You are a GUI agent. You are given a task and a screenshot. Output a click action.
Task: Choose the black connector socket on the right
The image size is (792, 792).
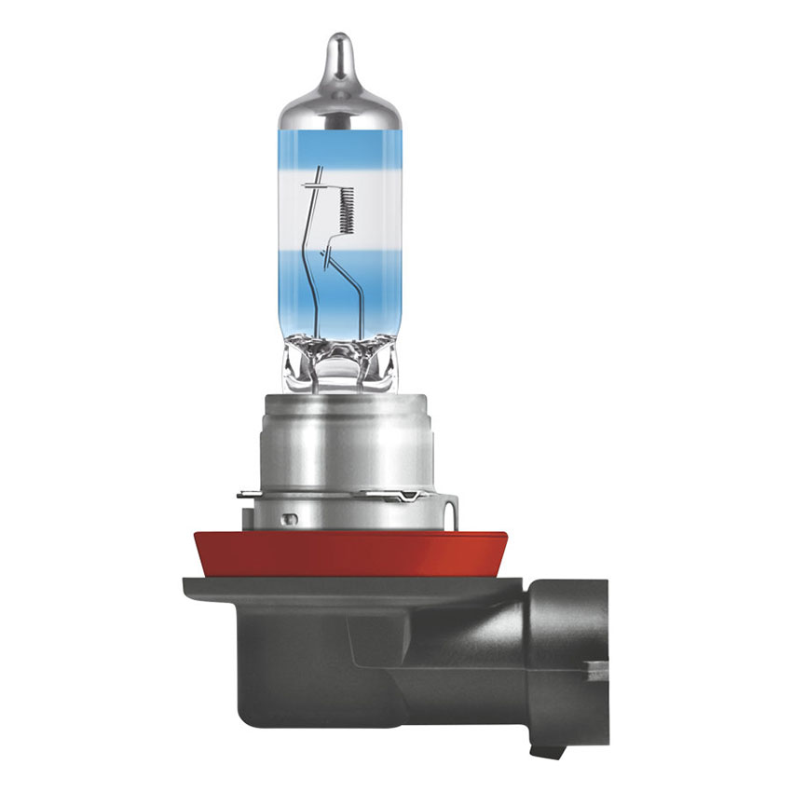coord(568,643)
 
